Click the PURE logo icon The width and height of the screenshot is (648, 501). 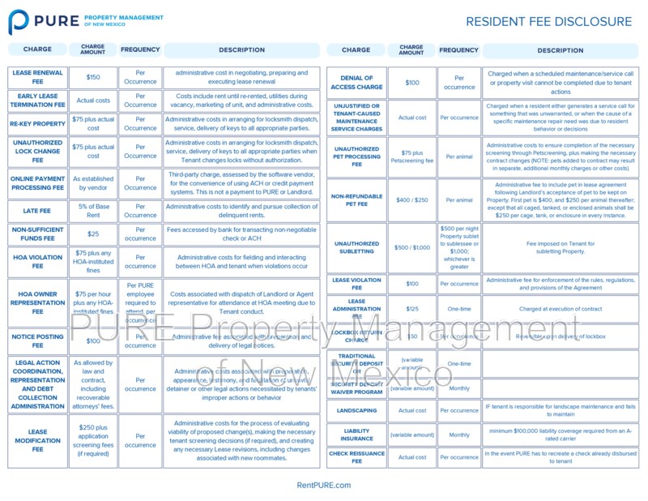coord(19,21)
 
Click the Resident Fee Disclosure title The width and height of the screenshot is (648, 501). coord(548,22)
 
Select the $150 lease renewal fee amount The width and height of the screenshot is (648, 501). coord(93,77)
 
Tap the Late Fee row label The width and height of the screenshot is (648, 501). coord(37,210)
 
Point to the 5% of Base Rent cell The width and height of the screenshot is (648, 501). coord(93,210)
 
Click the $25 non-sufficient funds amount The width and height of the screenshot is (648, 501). coord(93,234)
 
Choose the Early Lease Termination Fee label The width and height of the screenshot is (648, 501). coord(37,101)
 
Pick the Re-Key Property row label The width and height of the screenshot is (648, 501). coord(37,124)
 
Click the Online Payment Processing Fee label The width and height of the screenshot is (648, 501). coord(37,183)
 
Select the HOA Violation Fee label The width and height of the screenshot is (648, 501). coord(37,261)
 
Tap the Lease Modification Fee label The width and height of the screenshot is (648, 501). coord(37,440)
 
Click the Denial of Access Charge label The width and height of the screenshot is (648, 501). coord(356,82)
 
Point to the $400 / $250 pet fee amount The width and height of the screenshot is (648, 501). coord(411,199)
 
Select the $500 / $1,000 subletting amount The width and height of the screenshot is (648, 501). coord(411,247)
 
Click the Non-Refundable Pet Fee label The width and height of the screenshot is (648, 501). coord(356,199)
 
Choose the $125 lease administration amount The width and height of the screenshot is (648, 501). coord(411,309)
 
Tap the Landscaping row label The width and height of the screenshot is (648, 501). coord(356,410)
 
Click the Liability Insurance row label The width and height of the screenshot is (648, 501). coord(356,435)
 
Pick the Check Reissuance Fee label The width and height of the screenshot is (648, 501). coord(356,457)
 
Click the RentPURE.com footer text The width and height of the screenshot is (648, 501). coord(324,485)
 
